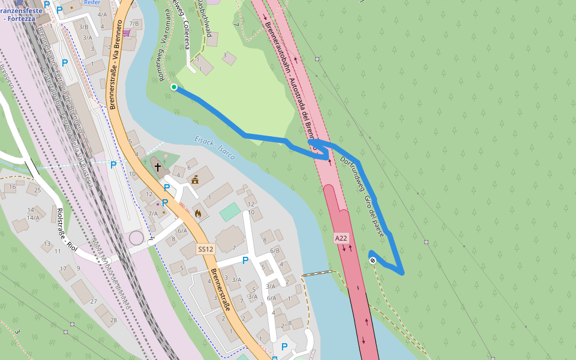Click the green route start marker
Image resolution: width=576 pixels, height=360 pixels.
pos(174,88)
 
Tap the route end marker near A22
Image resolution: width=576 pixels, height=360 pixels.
pos(373,260)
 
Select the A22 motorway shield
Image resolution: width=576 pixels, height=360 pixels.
pos(341,238)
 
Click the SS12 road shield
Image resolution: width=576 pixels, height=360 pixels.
pos(205,249)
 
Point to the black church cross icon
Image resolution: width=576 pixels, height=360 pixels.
pos(157,166)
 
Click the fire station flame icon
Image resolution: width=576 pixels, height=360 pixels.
pos(197,212)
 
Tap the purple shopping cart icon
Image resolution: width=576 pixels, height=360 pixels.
pos(126,33)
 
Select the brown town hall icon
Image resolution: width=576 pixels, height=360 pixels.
pos(195,179)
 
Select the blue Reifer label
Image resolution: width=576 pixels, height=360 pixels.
pos(92,2)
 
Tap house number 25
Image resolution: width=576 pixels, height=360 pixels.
pos(37,191)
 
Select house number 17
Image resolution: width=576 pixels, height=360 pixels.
pos(64,268)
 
